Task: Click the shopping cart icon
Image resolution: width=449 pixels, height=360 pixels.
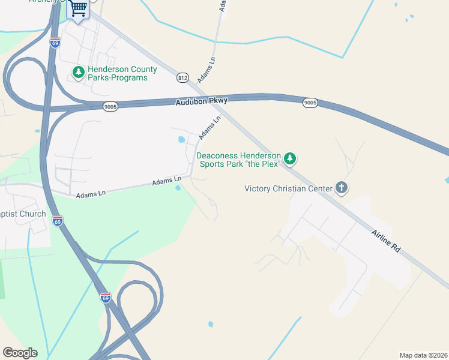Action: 79,8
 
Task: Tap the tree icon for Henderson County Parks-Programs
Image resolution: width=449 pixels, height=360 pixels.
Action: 78,73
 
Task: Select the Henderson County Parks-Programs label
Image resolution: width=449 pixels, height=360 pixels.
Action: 122,73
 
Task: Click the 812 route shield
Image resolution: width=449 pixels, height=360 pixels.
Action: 183,77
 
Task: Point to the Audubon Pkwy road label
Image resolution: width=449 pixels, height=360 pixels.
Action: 202,102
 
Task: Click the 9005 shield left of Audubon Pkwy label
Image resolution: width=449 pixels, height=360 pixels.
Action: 110,106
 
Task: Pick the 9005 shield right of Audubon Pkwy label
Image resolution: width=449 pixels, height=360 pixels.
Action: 310,103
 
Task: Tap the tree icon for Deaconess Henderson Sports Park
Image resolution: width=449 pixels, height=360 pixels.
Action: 291,158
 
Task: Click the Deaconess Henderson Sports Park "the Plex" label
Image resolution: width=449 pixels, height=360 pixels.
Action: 238,159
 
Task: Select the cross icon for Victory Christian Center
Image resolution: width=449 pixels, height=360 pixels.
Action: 341,188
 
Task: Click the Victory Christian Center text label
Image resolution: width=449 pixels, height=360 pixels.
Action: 288,188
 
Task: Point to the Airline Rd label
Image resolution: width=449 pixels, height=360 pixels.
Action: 385,239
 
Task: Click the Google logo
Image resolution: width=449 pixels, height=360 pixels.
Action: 20,352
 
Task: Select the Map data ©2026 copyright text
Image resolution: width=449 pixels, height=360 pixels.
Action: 423,355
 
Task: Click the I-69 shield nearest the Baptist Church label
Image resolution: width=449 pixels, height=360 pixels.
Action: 58,221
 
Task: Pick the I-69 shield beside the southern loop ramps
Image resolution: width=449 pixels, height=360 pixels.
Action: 106,297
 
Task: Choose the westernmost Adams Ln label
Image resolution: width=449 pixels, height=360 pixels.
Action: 91,193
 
